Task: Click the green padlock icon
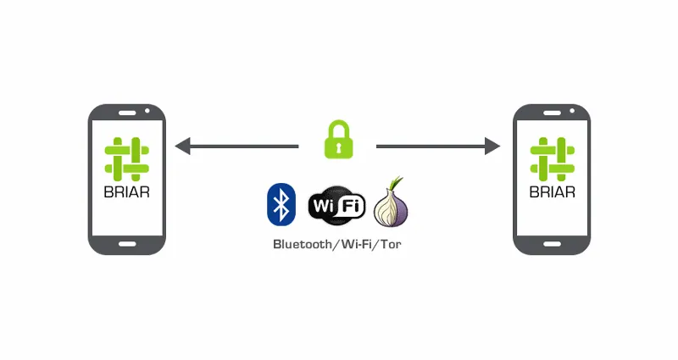point(338,139)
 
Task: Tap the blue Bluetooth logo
point(281,204)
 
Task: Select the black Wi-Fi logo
point(336,205)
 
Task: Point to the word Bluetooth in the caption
point(303,244)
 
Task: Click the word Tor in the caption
point(391,244)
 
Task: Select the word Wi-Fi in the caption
point(356,244)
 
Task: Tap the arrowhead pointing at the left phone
point(182,146)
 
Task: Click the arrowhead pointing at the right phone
point(492,146)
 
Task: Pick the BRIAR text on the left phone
point(126,192)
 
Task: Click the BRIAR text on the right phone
point(553,192)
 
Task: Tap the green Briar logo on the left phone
point(126,159)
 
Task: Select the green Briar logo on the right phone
point(553,159)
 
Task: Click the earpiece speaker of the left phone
point(127,113)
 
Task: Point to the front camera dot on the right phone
point(573,111)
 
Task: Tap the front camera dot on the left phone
point(147,111)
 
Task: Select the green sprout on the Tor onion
point(396,183)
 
